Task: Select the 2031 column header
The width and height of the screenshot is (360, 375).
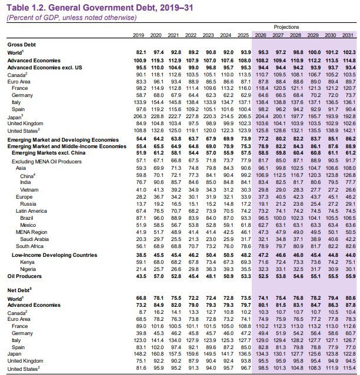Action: (348, 35)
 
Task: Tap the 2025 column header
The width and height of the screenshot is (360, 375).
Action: (245, 35)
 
